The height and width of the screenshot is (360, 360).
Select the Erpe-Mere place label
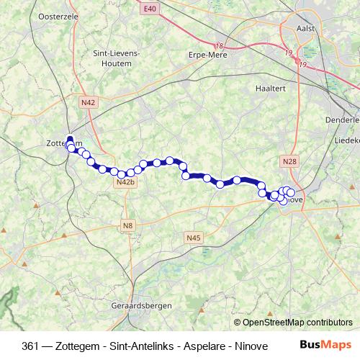tap(207, 55)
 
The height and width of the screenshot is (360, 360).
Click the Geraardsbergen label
tap(142, 305)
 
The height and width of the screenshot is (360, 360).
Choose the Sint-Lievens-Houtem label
tap(117, 58)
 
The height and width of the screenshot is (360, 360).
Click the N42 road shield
tap(88, 103)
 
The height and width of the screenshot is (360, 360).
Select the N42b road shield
tap(125, 184)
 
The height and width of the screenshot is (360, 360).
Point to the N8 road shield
tap(127, 226)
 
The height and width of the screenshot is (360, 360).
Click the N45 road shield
tap(192, 237)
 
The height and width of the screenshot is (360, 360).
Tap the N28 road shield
tap(289, 162)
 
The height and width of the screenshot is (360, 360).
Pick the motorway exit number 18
tap(220, 45)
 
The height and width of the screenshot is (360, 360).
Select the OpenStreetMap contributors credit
tap(296, 323)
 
